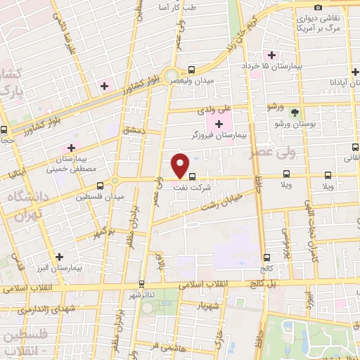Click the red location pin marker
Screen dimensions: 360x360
[181, 165]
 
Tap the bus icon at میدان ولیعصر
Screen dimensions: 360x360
[192, 70]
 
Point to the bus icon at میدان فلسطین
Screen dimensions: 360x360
[101, 186]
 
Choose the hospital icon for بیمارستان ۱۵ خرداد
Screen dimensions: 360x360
[271, 56]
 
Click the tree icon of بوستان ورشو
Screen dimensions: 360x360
[295, 112]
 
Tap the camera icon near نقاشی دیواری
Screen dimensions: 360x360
[319, 7]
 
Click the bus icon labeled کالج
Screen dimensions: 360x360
[266, 257]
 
